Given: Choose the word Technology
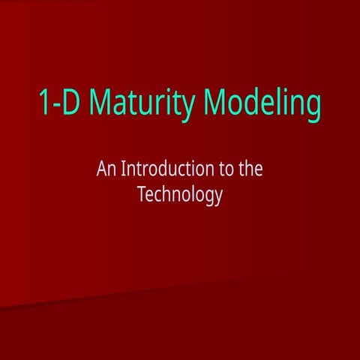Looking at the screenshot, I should click(x=180, y=195).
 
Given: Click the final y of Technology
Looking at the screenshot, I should click(x=219, y=198).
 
